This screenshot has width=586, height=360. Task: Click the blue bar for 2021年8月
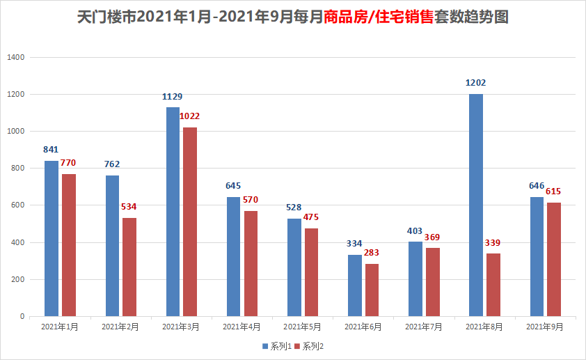(476, 205)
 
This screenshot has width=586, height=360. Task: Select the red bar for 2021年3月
(190, 221)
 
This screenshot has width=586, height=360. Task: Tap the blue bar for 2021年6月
(355, 285)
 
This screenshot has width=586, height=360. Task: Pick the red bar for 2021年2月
(129, 267)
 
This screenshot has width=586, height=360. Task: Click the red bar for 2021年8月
(493, 285)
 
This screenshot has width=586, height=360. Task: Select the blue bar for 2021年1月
(52, 238)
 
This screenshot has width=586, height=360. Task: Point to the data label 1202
(476, 83)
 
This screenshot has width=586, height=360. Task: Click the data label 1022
(190, 116)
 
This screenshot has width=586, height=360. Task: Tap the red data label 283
(372, 253)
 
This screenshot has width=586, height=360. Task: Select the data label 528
(294, 208)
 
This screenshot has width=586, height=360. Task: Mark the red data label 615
(553, 191)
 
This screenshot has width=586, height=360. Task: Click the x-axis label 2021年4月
(241, 326)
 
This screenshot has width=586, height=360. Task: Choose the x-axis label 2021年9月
(545, 326)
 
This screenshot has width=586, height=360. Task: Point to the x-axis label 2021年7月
(424, 326)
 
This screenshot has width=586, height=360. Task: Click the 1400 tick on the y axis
(17, 57)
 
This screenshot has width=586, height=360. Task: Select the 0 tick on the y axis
(22, 316)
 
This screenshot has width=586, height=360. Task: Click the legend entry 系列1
(276, 346)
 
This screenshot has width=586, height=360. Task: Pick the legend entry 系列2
(309, 346)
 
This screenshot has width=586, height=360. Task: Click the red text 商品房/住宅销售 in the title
(379, 17)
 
